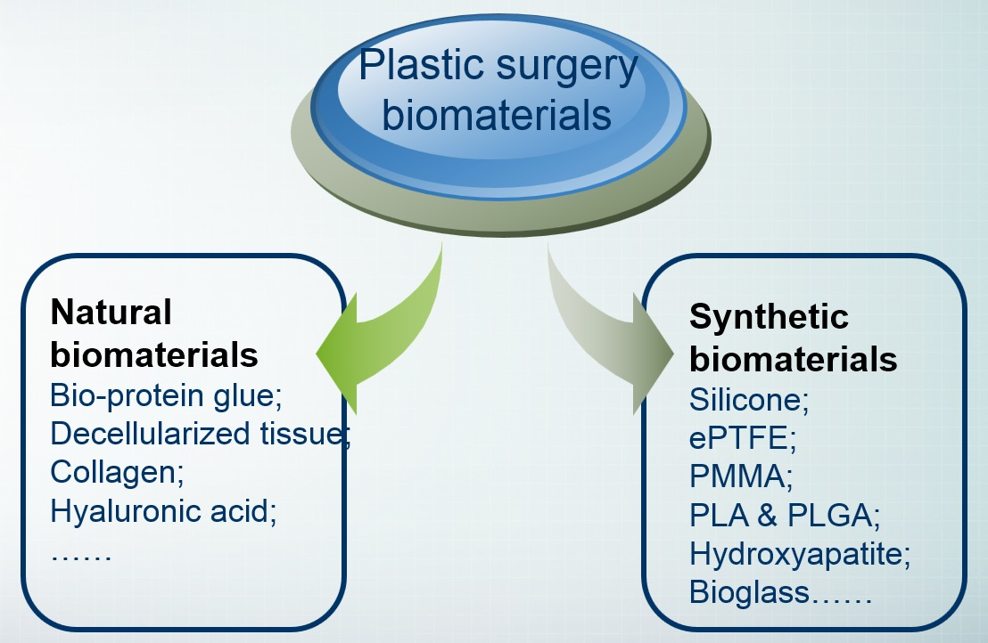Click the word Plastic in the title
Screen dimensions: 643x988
[417, 68]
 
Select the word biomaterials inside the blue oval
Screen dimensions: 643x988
[498, 116]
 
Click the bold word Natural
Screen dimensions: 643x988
[111, 312]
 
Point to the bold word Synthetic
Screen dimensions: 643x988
[769, 316]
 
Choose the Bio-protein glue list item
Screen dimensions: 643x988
[166, 395]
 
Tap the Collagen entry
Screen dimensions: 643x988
[117, 472]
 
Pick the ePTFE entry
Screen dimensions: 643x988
[742, 438]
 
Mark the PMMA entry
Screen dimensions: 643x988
[741, 476]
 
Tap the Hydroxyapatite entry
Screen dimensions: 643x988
[800, 554]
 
